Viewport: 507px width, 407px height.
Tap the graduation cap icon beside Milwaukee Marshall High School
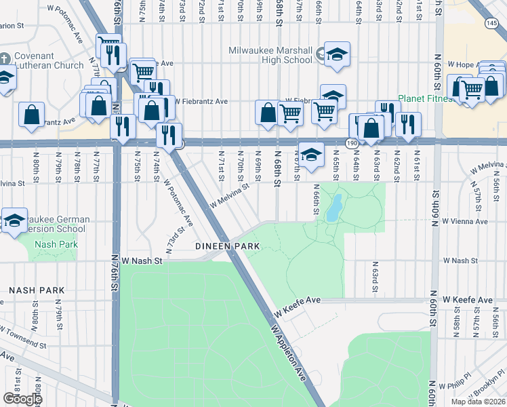(336, 54)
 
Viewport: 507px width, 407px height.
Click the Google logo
(22, 398)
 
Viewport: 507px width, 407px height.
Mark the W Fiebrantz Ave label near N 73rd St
(201, 101)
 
